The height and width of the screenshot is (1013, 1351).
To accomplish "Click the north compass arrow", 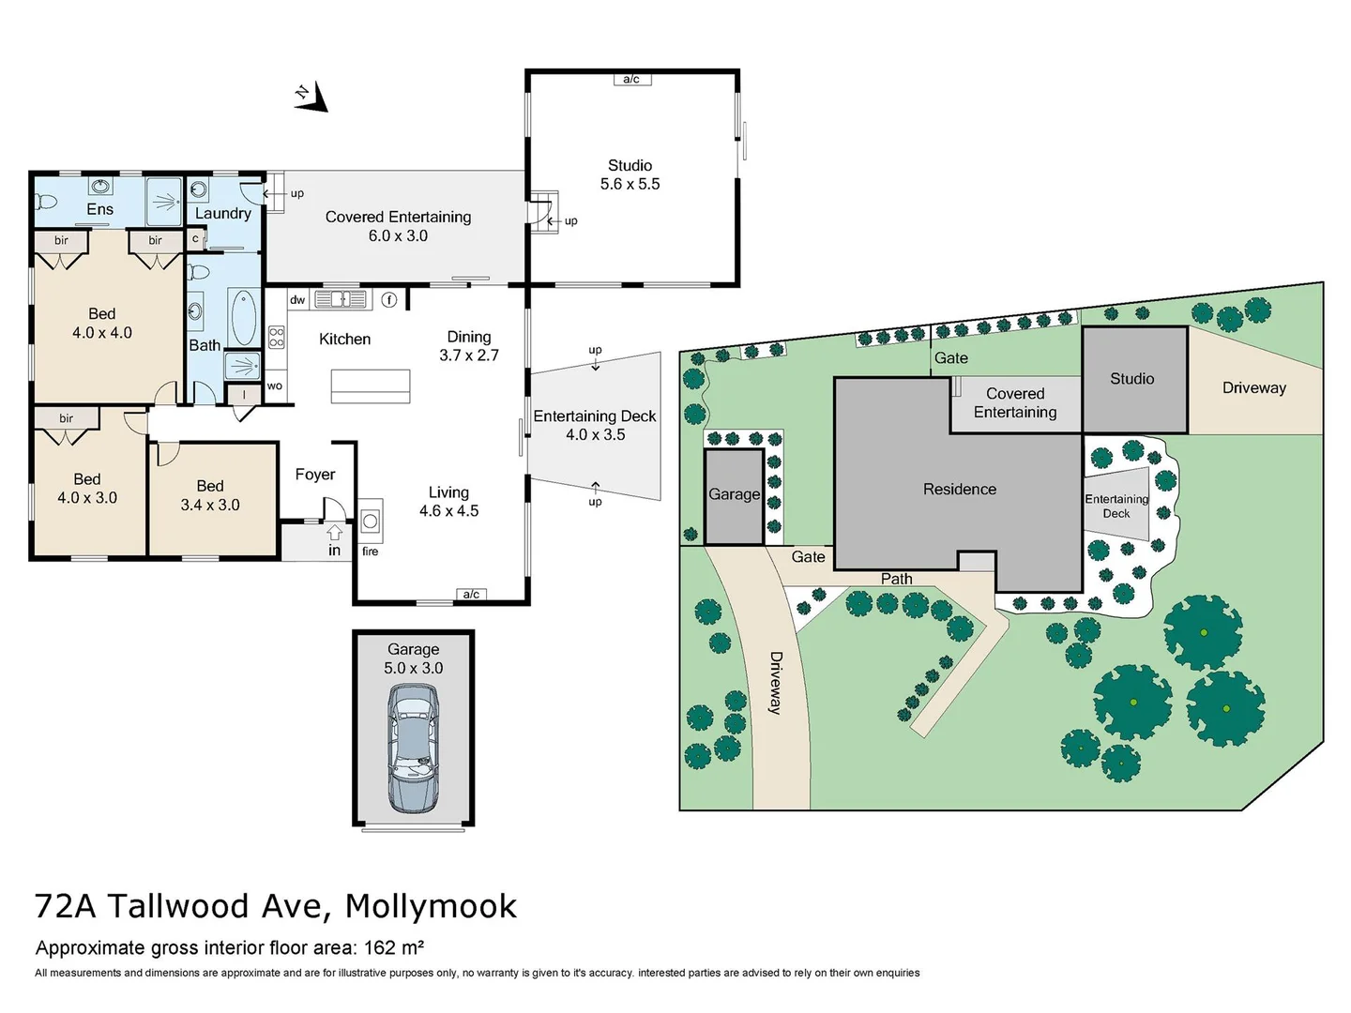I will point(313,98).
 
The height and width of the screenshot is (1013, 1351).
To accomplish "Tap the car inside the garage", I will point(414,748).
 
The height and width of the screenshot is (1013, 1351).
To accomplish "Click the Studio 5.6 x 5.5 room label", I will point(630,174).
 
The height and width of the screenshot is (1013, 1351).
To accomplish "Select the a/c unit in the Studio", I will point(631,80).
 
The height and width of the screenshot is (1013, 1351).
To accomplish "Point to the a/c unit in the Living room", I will point(471,595).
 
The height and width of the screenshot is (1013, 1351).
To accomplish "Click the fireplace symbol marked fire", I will point(371,522).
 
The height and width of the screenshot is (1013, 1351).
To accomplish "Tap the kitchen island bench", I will point(370,386).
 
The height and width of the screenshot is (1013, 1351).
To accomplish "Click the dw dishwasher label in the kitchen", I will point(297,300).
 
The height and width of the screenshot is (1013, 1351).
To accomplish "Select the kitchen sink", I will point(341,299).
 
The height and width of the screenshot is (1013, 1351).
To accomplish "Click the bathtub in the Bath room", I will point(243,318).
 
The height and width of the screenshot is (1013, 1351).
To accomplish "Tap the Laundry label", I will point(222,214).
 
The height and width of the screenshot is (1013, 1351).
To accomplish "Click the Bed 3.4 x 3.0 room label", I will point(210,495).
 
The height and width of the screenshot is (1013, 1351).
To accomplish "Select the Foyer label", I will point(315,475).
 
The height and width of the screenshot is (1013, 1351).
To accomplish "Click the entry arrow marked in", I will point(334,542).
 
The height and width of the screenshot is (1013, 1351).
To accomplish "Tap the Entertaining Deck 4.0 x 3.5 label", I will point(595,425).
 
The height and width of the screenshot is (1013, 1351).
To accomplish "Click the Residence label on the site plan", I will point(959,490).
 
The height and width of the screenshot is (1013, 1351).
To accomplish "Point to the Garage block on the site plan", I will point(734,496).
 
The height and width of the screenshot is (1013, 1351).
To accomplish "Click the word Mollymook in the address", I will point(431,906).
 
